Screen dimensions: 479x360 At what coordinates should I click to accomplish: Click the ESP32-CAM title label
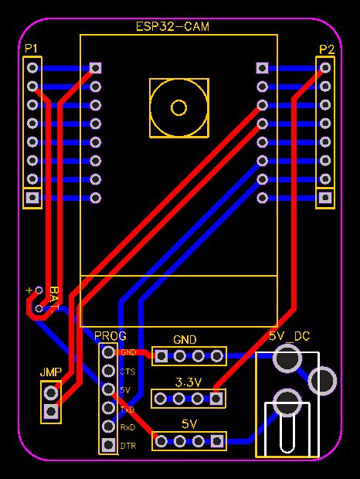click(x=173, y=26)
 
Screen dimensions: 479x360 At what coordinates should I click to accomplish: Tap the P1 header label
click(x=31, y=49)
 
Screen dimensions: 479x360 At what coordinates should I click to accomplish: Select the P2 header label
click(x=327, y=49)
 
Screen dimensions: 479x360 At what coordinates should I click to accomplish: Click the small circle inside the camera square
click(x=179, y=107)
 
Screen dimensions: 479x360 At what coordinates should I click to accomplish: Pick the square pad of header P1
click(x=32, y=198)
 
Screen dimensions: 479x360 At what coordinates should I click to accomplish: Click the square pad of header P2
click(x=326, y=198)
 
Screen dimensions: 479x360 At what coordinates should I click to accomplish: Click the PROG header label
click(x=110, y=336)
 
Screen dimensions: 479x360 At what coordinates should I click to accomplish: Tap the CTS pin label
click(x=127, y=372)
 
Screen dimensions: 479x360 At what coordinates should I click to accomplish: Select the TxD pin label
click(x=127, y=409)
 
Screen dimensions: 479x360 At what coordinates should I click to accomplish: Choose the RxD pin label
click(x=127, y=427)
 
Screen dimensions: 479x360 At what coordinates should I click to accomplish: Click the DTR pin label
click(x=127, y=446)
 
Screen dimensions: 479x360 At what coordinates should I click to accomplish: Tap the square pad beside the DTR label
click(x=107, y=446)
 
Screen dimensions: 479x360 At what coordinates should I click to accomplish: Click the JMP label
click(x=50, y=372)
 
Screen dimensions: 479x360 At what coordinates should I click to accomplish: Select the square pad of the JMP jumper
click(x=51, y=410)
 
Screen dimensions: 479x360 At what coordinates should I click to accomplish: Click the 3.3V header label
click(x=188, y=382)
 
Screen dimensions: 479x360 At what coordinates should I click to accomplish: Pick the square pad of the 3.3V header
click(x=217, y=398)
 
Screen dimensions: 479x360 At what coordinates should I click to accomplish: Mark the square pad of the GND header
click(x=161, y=356)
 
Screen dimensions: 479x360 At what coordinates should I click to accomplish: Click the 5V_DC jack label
click(x=289, y=337)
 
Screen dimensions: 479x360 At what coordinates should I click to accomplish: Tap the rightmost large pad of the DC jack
click(x=322, y=380)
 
